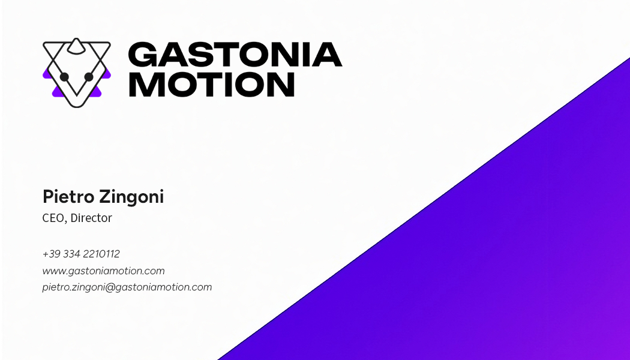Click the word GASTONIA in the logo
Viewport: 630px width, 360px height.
[x=235, y=55]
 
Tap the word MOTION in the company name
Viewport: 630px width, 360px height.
[x=211, y=84]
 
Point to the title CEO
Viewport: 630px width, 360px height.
[x=53, y=218]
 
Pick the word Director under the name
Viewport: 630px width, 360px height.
[x=91, y=218]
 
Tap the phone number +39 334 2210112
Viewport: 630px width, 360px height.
[x=81, y=254]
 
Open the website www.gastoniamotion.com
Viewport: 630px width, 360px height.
[x=103, y=271]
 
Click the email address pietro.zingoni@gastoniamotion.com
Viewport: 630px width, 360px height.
[x=127, y=287]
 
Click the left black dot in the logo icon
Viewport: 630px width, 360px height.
[x=65, y=77]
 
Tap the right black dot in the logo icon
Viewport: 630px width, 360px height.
[x=89, y=77]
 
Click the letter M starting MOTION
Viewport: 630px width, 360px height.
[x=146, y=84]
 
